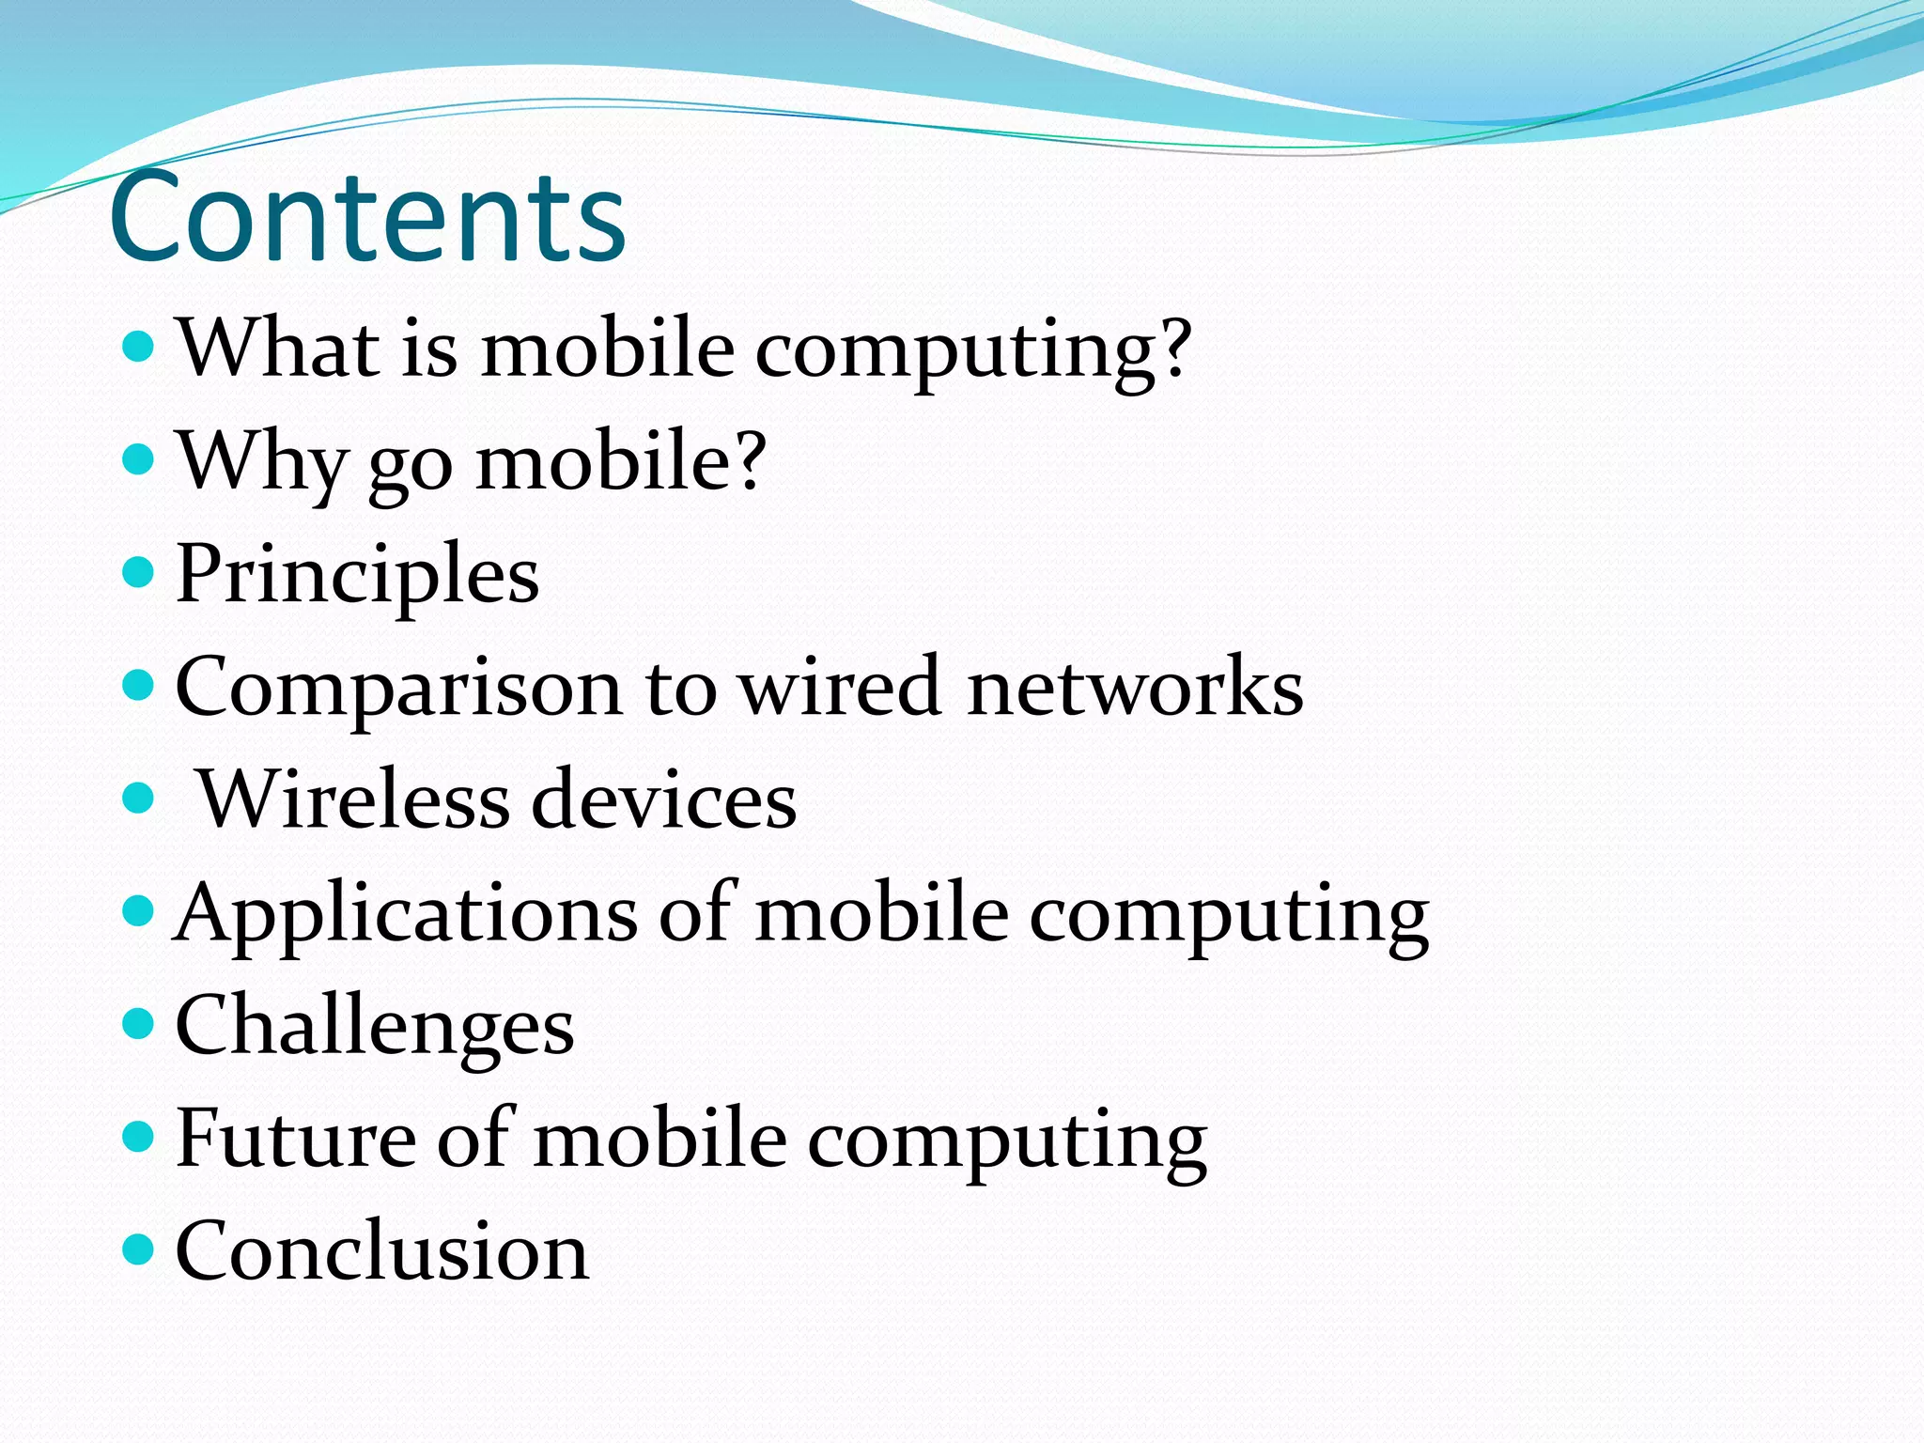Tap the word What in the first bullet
[277, 347]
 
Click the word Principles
[357, 575]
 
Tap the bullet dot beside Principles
[138, 571]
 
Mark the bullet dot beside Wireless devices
[138, 799]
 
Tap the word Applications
[406, 913]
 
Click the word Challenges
[374, 1026]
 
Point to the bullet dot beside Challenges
[138, 1023]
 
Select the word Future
[295, 1138]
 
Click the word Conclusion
[381, 1250]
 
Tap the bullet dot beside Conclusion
[138, 1249]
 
